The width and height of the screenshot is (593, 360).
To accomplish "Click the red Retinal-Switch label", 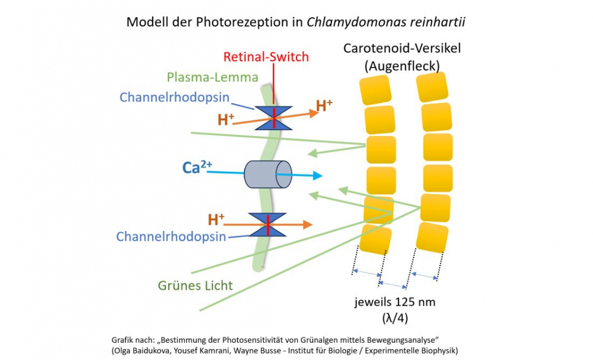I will (265, 57).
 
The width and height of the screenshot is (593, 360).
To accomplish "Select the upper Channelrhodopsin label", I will (174, 97).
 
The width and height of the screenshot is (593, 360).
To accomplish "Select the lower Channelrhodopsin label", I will (171, 237).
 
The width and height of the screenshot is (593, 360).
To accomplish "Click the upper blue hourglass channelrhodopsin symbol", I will (273, 118).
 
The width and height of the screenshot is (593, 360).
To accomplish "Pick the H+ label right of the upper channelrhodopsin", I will (324, 105).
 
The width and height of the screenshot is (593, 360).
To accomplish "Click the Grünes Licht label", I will (196, 285).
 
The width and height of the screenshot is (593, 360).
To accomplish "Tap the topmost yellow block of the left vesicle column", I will (376, 90).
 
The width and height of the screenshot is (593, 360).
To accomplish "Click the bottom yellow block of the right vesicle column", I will (432, 237).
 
